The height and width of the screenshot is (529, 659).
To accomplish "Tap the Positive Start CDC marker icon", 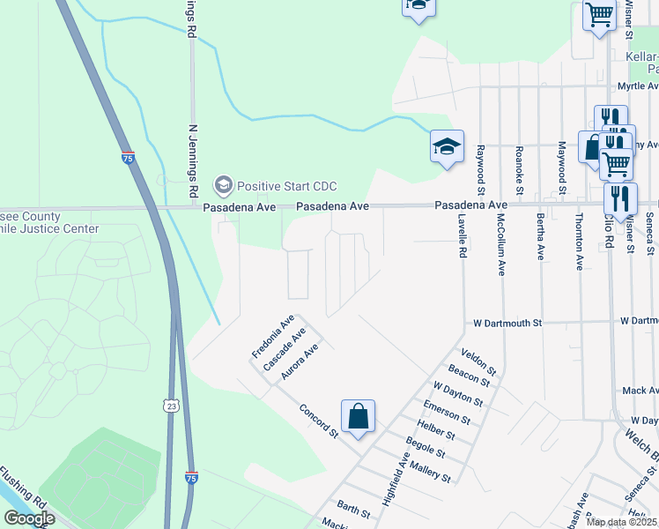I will point(223,185).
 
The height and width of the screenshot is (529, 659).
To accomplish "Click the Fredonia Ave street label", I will point(272,336).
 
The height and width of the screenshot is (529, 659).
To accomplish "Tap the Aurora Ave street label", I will point(299,362).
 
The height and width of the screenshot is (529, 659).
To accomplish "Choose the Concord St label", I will point(318,421).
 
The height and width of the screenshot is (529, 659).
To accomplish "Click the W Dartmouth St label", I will point(507,324).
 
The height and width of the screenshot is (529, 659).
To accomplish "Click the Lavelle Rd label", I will point(461,239).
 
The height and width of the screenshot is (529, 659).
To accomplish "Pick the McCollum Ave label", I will point(500,243).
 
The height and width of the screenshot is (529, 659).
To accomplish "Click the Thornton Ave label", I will point(579,241).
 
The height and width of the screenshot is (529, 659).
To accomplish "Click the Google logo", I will point(29,518).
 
